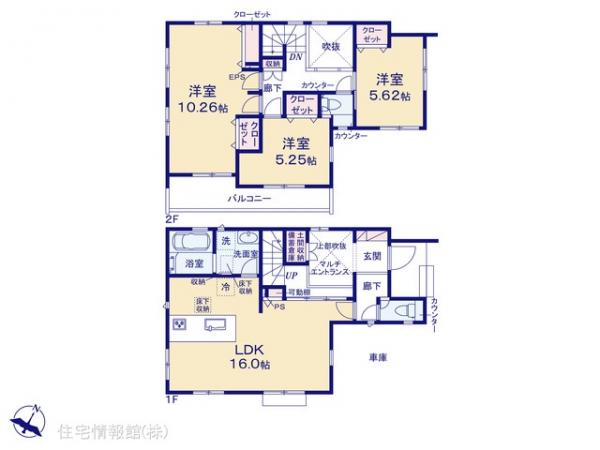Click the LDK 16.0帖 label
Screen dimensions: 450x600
coord(250,357)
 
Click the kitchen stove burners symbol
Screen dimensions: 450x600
coord(182,325)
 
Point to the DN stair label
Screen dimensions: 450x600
coord(296,56)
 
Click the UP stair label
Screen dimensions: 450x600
coord(291,276)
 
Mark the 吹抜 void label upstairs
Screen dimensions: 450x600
coord(327,47)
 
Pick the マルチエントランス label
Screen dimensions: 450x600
coord(329,264)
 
